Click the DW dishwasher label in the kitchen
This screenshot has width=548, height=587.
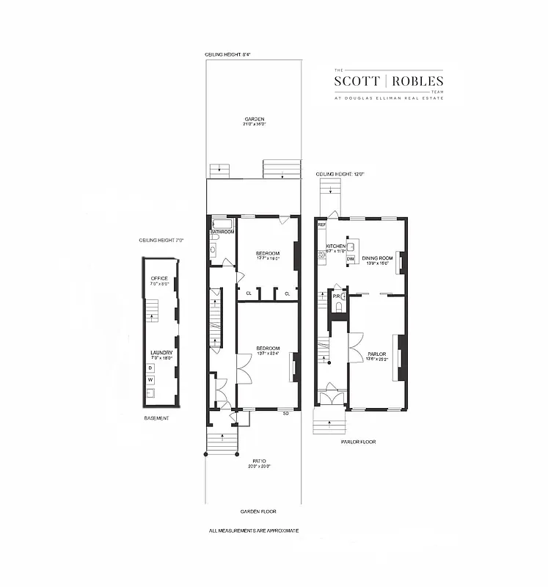click(350, 259)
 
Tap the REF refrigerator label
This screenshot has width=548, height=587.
click(321, 225)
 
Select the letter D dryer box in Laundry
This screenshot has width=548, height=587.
click(150, 368)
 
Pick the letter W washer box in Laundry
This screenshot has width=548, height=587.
click(150, 380)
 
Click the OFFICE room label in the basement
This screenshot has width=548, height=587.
click(159, 279)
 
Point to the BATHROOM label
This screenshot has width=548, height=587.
click(222, 232)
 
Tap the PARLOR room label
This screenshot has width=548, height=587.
click(377, 354)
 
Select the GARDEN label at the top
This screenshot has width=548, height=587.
click(255, 119)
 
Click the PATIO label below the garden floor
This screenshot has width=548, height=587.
click(255, 459)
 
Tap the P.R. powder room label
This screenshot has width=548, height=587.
click(326, 297)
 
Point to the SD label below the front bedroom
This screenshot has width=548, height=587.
click(286, 414)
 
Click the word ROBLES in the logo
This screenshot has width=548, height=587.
click(417, 81)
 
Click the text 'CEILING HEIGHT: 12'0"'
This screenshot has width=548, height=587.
click(340, 174)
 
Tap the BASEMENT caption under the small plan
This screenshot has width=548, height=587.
click(156, 418)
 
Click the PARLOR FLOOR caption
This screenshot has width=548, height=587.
click(358, 442)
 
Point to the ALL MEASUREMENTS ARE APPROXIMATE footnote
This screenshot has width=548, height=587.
click(254, 530)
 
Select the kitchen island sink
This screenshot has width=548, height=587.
click(351, 247)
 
